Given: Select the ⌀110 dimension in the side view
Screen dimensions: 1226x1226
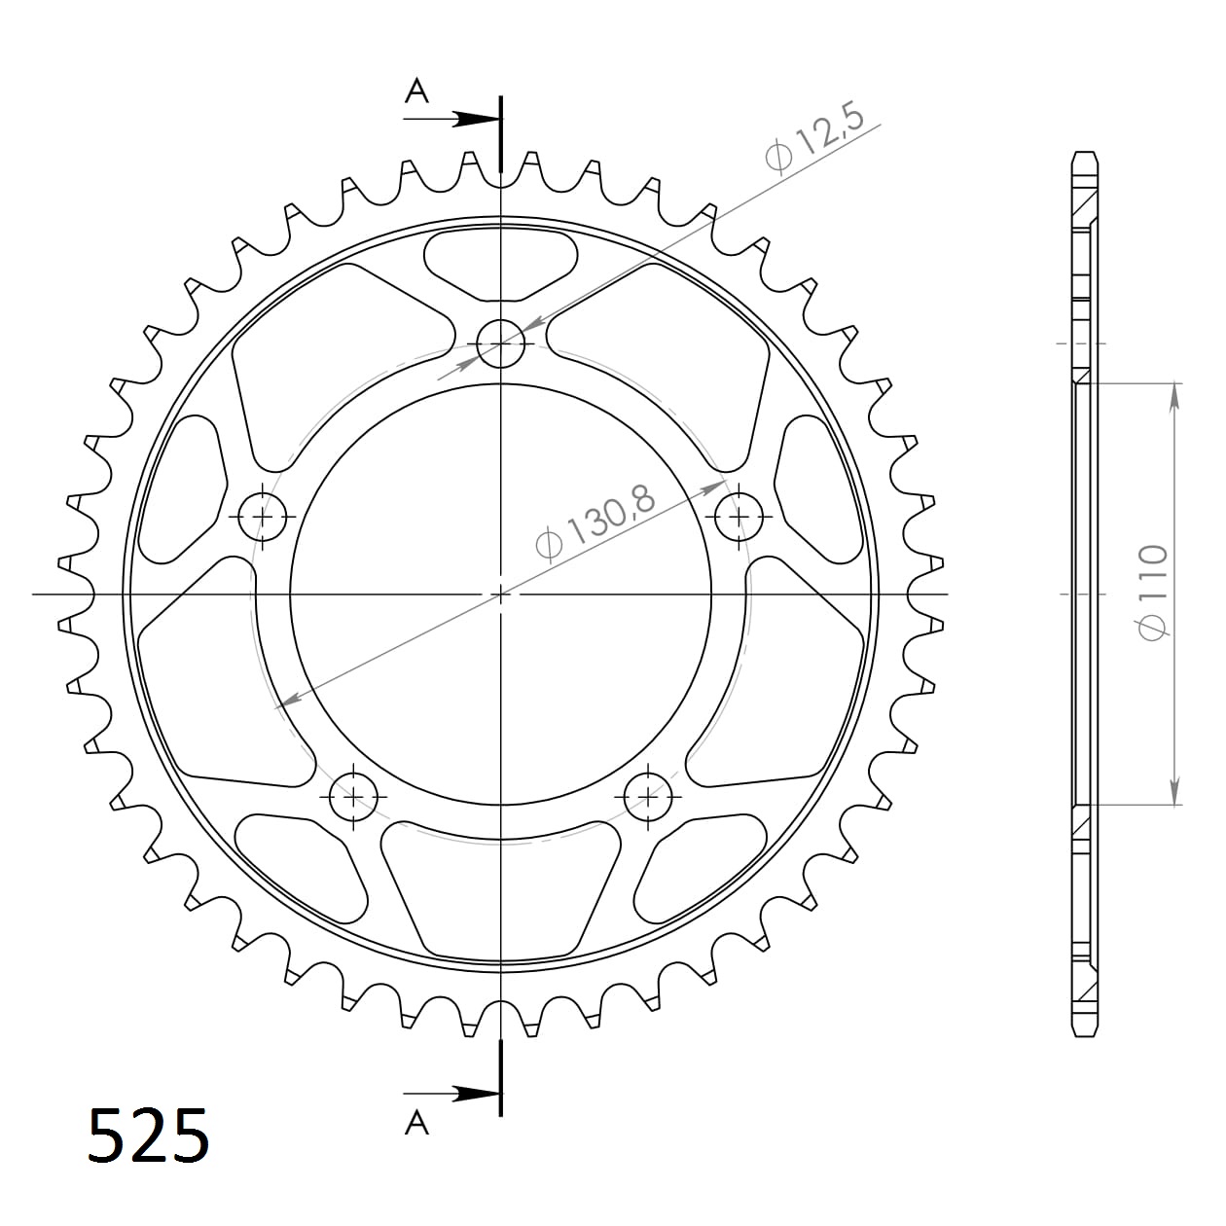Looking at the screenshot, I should point(1154,593).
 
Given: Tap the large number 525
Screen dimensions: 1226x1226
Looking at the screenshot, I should point(148,1135).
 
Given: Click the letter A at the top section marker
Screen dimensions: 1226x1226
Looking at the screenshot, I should point(416,91).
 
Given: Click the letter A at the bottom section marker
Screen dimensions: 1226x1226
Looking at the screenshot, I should point(416,1123).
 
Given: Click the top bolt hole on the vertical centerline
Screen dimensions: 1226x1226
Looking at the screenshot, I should point(501,343).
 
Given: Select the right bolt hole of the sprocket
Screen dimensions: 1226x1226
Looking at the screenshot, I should point(739,516).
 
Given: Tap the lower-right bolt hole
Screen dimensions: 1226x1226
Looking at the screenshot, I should point(648,798).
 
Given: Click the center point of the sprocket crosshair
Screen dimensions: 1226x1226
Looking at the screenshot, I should point(501,593).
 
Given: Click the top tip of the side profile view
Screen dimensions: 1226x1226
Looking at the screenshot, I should point(1085,154).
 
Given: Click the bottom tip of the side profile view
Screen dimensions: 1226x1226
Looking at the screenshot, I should point(1085,1034).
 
